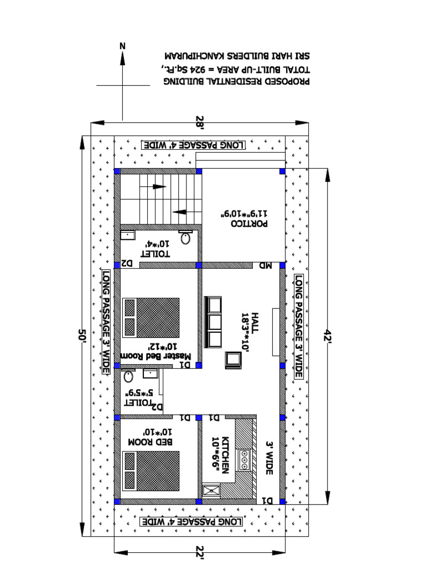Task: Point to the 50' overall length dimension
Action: [84, 336]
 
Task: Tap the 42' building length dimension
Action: [329, 336]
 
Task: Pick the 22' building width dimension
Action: [200, 551]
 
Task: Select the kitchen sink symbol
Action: [211, 490]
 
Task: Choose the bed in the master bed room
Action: [151, 317]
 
